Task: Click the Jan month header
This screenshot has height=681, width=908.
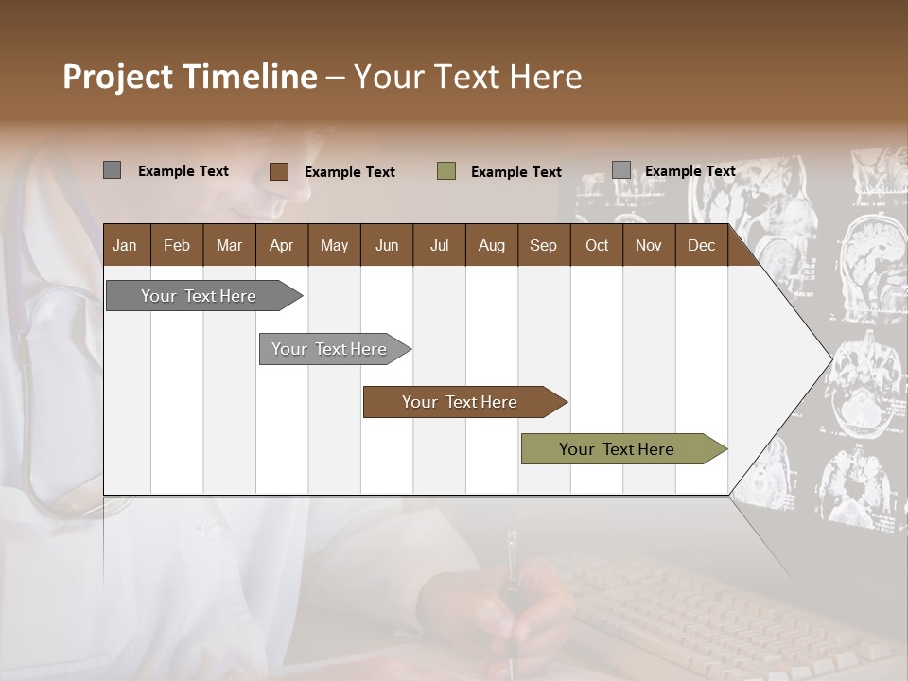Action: [126, 245]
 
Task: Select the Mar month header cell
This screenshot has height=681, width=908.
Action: [229, 245]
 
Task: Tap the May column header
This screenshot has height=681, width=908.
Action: [334, 245]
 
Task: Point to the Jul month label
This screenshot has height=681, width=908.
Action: [439, 245]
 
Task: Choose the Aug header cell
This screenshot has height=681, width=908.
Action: [491, 245]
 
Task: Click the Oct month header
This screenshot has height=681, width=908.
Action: [597, 245]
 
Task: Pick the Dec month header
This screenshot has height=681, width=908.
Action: [701, 245]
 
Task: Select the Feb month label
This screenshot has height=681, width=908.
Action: [177, 245]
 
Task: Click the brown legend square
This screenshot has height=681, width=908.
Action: [279, 171]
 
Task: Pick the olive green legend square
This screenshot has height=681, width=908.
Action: [446, 171]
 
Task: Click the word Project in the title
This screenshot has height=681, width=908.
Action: [118, 77]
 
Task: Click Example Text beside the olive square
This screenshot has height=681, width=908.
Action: [515, 172]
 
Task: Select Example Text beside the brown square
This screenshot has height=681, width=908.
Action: [349, 172]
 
